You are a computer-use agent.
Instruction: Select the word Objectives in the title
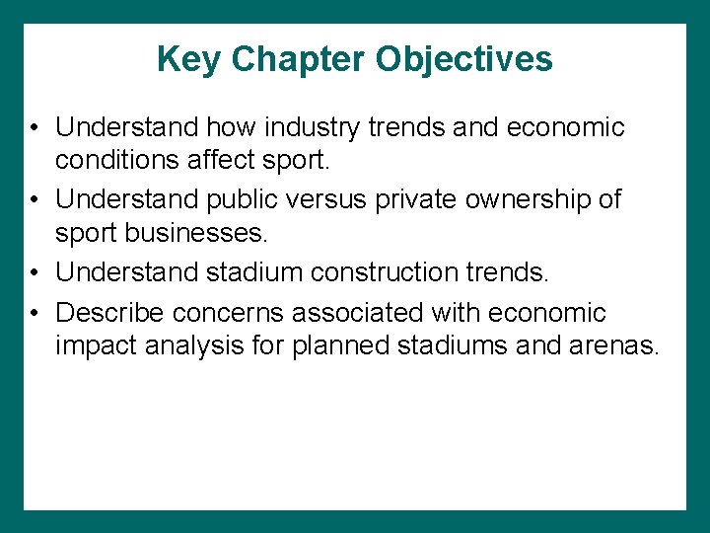point(464,60)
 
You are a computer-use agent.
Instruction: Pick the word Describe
point(109,313)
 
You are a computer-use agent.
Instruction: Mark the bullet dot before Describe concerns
point(34,314)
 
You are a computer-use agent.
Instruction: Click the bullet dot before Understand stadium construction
point(34,270)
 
